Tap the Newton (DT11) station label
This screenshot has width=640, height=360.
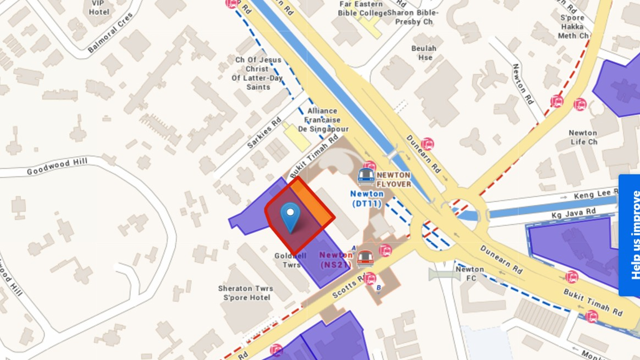click(367, 198)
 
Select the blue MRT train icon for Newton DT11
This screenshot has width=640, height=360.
click(366, 177)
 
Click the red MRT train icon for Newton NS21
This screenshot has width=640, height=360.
click(365, 259)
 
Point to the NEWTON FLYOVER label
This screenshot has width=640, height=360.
click(394, 180)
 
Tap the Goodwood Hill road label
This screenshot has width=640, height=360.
click(57, 167)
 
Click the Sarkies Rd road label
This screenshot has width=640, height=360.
click(264, 133)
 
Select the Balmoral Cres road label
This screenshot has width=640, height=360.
click(110, 33)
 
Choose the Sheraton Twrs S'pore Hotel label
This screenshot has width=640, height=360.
click(246, 293)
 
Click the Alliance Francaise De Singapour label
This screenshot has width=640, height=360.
click(323, 120)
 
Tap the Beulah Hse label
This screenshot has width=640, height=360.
click(424, 53)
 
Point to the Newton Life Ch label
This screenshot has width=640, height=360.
click(583, 137)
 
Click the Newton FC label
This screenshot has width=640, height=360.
click(470, 273)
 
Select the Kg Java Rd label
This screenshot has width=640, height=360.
click(573, 213)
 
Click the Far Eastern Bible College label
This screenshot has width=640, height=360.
click(362, 9)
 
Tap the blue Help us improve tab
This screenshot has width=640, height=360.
click(630, 235)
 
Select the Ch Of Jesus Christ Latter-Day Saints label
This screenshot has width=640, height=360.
click(258, 73)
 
